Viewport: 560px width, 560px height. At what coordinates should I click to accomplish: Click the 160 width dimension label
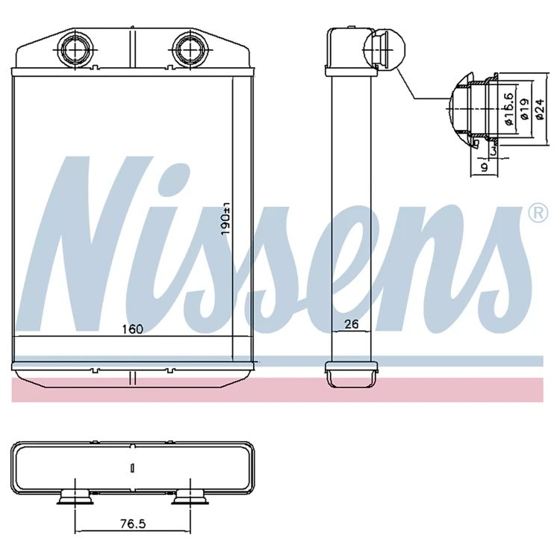pyautogui.click(x=132, y=329)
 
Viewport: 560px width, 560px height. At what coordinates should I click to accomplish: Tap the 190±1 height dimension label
pyautogui.click(x=225, y=219)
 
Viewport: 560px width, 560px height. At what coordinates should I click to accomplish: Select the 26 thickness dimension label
pyautogui.click(x=351, y=324)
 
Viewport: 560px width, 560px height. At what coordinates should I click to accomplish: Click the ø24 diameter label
pyautogui.click(x=541, y=110)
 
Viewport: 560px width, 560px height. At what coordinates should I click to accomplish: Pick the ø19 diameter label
pyautogui.click(x=525, y=110)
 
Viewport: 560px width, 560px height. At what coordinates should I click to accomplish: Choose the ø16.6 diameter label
pyautogui.click(x=509, y=109)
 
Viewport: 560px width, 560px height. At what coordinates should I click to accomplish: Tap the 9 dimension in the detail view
pyautogui.click(x=484, y=167)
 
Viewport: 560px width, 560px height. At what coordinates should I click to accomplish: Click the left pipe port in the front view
pyautogui.click(x=75, y=49)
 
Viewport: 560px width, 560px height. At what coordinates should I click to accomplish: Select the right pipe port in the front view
pyautogui.click(x=190, y=49)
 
